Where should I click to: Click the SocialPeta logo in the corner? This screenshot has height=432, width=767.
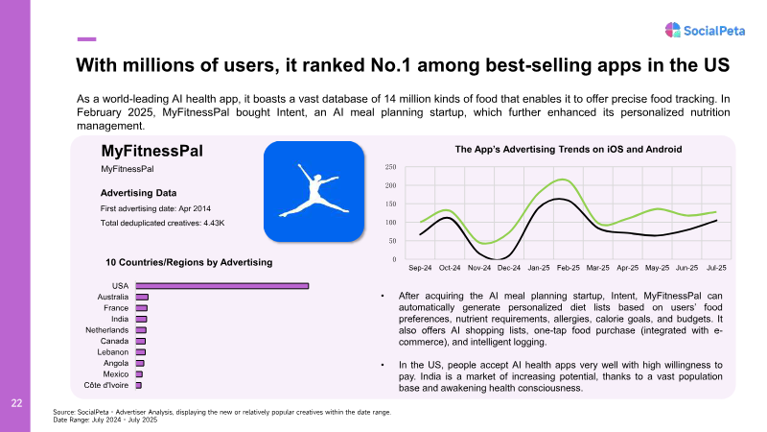[x=705, y=31]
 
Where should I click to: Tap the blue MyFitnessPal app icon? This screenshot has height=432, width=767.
[x=314, y=191]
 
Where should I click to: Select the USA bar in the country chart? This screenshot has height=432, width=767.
[x=222, y=285]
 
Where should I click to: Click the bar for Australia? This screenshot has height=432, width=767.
[x=142, y=297]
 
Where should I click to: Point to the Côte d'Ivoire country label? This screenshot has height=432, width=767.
[x=106, y=385]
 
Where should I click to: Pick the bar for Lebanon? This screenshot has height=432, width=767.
[x=140, y=352]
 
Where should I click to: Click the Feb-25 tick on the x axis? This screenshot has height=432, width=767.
[x=569, y=268]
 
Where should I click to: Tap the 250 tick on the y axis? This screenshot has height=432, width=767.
[x=390, y=167]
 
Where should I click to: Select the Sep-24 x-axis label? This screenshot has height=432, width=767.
[x=420, y=268]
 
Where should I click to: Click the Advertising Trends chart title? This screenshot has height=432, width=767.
[x=569, y=150]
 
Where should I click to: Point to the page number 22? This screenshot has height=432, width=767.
[x=16, y=403]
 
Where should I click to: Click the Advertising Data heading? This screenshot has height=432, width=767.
[x=138, y=193]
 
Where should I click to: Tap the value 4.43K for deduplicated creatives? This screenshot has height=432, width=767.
[x=214, y=223]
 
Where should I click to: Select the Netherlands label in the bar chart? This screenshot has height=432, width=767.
[x=107, y=330]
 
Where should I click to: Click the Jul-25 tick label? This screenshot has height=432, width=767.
[x=716, y=268]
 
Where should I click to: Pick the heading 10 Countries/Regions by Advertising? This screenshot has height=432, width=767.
[x=189, y=262]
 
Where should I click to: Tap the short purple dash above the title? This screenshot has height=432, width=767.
[x=86, y=39]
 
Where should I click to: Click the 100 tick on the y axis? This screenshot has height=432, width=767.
[x=390, y=223]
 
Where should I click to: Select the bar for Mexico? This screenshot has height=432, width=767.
[x=139, y=374]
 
